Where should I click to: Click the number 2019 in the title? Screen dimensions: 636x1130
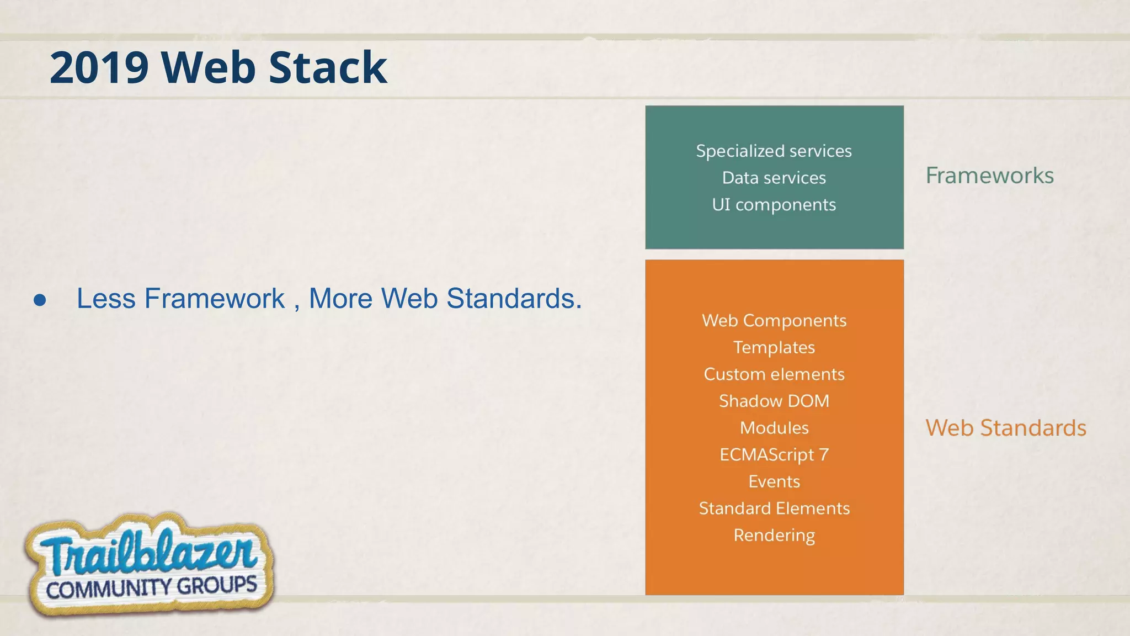point(99,68)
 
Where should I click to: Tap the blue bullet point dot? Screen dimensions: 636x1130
point(40,300)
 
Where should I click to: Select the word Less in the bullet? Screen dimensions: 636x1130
point(105,299)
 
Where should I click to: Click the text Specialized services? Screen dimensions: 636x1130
point(774,151)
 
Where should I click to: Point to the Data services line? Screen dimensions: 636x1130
point(774,178)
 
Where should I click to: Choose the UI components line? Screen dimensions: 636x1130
point(774,205)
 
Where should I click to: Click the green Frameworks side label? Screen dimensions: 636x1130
point(989,176)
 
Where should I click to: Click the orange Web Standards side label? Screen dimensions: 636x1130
point(1005,428)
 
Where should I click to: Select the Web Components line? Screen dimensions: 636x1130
point(774,321)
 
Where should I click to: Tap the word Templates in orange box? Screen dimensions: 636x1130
point(774,347)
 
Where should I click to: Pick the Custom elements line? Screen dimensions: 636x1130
point(774,374)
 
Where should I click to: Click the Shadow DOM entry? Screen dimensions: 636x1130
point(774,401)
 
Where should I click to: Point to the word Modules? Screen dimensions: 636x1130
point(774,428)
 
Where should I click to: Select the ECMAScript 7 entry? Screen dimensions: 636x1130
point(774,454)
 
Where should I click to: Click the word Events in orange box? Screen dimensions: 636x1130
point(774,481)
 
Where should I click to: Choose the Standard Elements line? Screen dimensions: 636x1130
point(774,508)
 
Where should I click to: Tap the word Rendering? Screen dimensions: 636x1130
point(774,535)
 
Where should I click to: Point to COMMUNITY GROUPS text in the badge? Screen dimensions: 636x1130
point(151,588)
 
